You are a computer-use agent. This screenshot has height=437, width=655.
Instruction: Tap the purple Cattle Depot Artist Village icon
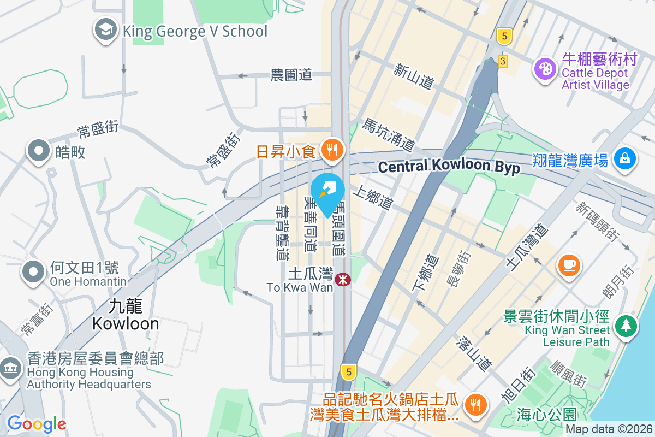[x=545, y=69]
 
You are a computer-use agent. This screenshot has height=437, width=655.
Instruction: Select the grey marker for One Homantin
[x=34, y=271]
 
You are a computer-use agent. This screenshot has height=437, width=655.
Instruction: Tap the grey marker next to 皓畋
[x=39, y=151]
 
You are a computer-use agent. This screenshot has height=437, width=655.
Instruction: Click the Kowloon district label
[x=126, y=316]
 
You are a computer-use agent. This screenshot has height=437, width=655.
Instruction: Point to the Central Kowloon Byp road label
[x=449, y=167]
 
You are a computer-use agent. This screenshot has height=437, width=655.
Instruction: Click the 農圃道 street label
[x=291, y=75]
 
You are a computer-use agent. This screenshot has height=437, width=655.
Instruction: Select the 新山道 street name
[x=414, y=76]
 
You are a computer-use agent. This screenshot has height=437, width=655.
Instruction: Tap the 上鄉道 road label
[x=372, y=197]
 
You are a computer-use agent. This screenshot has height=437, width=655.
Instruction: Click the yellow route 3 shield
[x=502, y=61]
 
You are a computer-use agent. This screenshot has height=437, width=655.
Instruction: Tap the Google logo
[x=37, y=423]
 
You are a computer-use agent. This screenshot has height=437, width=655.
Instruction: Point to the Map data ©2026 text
[x=609, y=429]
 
